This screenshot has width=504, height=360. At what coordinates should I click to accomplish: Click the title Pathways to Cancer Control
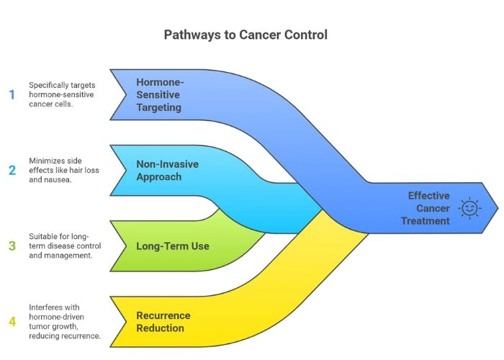click(251, 34)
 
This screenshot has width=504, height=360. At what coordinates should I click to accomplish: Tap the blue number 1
click(12, 94)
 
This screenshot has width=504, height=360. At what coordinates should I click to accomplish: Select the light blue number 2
click(12, 171)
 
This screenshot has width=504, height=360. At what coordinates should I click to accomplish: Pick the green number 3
click(12, 246)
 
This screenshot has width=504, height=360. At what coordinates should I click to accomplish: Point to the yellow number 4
click(12, 320)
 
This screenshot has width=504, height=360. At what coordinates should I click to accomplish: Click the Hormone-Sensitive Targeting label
click(159, 94)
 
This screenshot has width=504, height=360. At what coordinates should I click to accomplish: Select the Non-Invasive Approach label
click(168, 170)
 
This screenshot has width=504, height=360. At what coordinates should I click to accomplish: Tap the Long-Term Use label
click(173, 246)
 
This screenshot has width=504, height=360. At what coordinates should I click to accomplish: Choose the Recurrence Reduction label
click(163, 321)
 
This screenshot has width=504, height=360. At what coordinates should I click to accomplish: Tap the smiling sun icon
click(469, 208)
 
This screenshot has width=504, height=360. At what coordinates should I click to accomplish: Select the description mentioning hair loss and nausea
click(65, 171)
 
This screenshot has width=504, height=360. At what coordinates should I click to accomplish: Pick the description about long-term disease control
click(65, 246)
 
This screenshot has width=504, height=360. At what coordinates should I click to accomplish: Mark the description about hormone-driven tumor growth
click(65, 320)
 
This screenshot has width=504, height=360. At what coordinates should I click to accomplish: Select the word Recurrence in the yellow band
click(163, 315)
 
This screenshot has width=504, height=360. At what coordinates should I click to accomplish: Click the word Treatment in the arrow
click(426, 220)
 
